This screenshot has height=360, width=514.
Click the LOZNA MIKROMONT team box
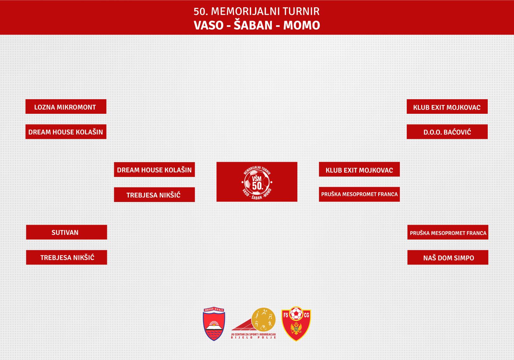tap(66, 107)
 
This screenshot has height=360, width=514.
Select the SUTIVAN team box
tap(66, 232)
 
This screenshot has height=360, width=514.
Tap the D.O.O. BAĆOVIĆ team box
tap(447, 131)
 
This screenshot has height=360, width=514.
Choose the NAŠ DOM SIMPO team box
tap(448, 257)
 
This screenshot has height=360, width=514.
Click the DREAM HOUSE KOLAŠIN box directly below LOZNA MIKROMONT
tap(66, 131)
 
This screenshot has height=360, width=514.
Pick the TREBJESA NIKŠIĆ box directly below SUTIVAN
tap(66, 257)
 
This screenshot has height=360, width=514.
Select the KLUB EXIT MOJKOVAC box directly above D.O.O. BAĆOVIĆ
tap(447, 107)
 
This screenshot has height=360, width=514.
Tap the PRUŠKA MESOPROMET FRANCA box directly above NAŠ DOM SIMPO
tap(448, 232)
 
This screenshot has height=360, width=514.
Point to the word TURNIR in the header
tap(301, 11)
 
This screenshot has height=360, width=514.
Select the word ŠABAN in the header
tap(253, 24)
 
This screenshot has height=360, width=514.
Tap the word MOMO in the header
tap(302, 25)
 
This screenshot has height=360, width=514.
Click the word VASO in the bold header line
tap(208, 25)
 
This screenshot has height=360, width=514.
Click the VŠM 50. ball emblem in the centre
tap(257, 182)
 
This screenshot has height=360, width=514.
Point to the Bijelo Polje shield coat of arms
tap(214, 324)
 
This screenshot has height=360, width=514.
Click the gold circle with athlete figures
tap(263, 320)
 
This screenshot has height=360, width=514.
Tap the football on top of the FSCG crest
tap(296, 314)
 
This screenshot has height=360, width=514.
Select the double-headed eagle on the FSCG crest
tap(296, 329)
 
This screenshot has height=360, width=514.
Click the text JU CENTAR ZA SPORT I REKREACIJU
tap(253, 334)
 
